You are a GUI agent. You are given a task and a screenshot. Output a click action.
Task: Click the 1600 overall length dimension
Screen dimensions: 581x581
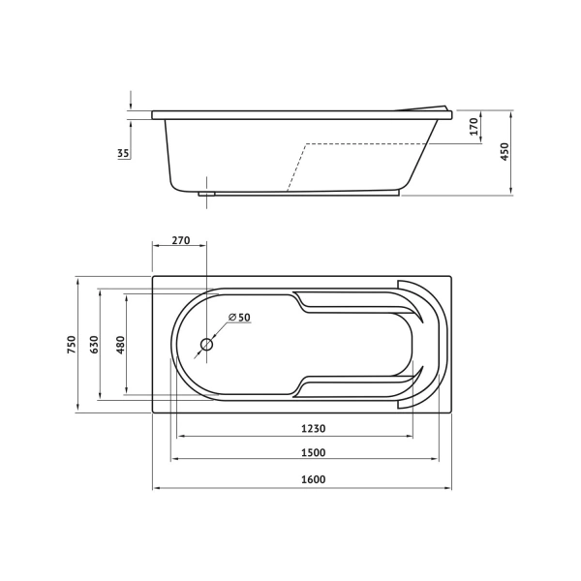tap(313, 479)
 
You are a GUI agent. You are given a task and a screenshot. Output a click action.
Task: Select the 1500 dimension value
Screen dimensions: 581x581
tap(313, 452)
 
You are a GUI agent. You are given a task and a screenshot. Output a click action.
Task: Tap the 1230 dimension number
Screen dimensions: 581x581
tap(313, 428)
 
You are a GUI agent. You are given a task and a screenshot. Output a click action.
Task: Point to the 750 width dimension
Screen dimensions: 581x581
tap(72, 344)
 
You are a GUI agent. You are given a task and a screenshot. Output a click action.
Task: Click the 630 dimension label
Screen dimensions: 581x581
tap(95, 344)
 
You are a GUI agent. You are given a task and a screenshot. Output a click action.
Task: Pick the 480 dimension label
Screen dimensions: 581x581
tap(121, 345)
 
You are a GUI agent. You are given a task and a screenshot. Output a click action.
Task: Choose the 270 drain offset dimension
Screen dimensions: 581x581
tap(181, 240)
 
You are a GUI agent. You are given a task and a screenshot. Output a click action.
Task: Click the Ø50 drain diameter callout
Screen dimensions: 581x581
tap(239, 318)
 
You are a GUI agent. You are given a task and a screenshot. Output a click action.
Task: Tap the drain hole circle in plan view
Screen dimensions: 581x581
tap(206, 345)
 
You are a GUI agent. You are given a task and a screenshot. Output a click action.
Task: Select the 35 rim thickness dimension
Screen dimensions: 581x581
tap(123, 153)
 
